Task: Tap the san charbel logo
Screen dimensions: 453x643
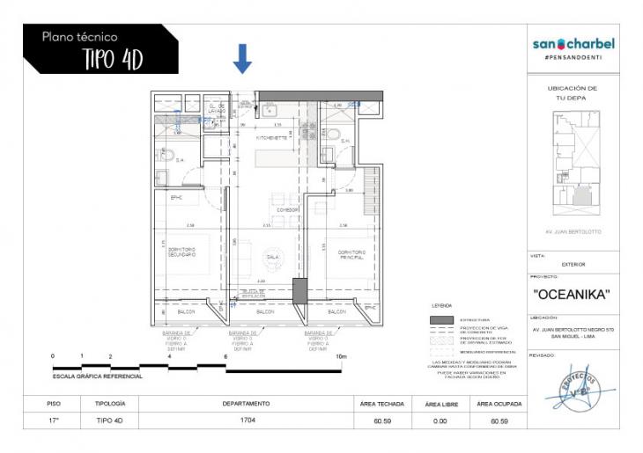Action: tap(573, 44)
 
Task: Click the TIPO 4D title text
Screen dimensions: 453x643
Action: tap(112, 59)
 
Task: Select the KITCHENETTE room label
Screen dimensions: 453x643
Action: tap(271, 138)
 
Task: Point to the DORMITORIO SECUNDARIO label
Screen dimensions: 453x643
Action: tap(182, 252)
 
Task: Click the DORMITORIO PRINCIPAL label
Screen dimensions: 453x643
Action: tap(351, 253)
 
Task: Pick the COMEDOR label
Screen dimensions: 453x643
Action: tap(287, 210)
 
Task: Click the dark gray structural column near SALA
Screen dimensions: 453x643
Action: tap(299, 290)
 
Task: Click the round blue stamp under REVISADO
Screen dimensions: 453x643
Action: tap(573, 388)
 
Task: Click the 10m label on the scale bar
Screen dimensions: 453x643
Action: tap(342, 356)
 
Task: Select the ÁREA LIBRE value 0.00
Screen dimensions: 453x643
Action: tap(440, 420)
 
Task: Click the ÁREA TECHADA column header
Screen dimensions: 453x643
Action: tap(382, 404)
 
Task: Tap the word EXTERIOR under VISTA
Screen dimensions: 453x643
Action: tap(573, 264)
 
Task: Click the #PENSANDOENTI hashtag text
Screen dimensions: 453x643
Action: tap(573, 57)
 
